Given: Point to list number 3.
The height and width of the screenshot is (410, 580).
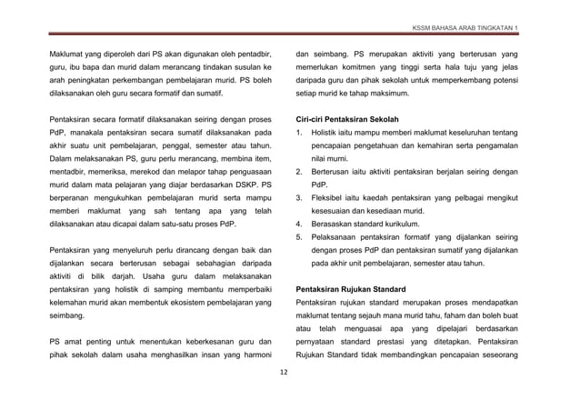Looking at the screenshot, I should tap(300, 197).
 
